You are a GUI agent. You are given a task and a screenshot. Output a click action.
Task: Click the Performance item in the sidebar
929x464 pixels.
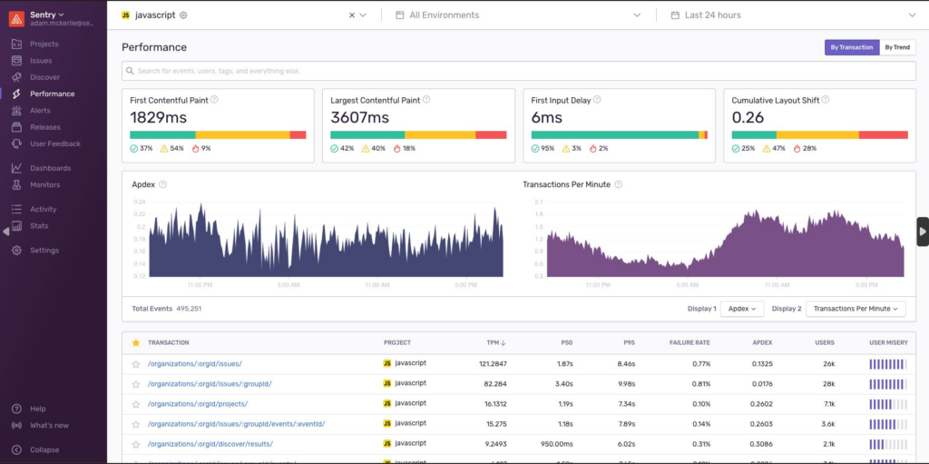click(x=52, y=94)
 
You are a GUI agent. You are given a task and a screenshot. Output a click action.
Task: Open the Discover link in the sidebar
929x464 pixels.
click(x=44, y=77)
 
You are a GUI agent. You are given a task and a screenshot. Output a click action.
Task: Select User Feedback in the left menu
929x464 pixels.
click(x=54, y=143)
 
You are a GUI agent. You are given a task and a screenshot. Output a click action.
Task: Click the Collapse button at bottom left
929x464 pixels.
click(x=44, y=449)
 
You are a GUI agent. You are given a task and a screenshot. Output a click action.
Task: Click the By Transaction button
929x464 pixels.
click(x=851, y=47)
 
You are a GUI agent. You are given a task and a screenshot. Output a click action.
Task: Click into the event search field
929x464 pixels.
click(x=517, y=71)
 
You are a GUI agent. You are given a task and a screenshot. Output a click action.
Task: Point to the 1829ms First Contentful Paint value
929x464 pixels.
click(x=158, y=117)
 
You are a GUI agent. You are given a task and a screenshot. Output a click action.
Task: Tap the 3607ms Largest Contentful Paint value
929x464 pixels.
click(x=360, y=117)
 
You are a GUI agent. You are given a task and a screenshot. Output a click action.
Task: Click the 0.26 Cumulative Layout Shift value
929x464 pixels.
click(x=748, y=117)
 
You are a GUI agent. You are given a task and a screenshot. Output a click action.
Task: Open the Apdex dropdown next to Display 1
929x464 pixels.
click(x=742, y=309)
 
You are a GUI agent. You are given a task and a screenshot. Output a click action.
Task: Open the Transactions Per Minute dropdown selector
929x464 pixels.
click(x=856, y=309)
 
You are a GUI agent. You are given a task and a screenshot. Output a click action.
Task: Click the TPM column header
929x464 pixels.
click(x=495, y=342)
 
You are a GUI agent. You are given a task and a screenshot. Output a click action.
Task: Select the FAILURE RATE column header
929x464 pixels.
click(x=689, y=342)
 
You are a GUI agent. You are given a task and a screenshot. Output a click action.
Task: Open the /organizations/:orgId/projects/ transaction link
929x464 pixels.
click(x=197, y=404)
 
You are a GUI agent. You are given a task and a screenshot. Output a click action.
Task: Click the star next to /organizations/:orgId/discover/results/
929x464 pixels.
click(x=136, y=444)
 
